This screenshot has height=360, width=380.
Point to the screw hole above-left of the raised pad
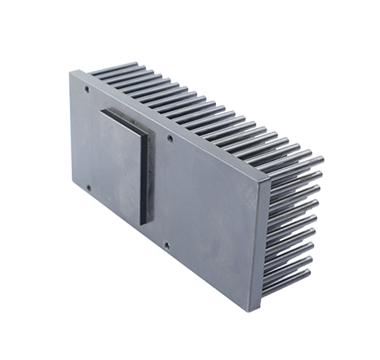click(87, 82)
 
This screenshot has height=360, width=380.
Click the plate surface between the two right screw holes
click(169, 192)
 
